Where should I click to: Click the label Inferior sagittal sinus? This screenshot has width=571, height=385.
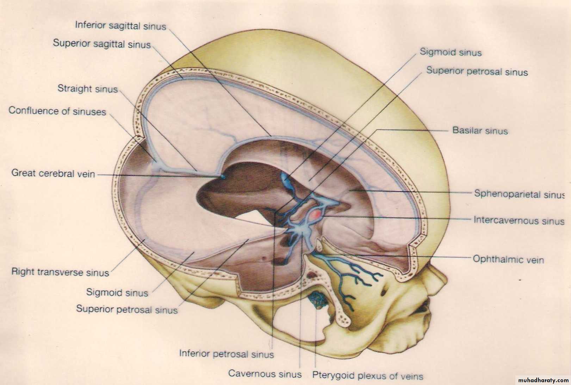point(120,26)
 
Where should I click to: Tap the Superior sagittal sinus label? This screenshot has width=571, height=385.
point(102,44)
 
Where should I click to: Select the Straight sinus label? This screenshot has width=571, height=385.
point(87,89)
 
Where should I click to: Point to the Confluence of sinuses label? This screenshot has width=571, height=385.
point(57,111)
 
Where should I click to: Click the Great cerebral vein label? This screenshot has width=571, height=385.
point(53,173)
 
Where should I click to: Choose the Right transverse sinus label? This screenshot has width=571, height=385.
point(60,272)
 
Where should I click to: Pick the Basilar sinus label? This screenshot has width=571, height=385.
point(480,131)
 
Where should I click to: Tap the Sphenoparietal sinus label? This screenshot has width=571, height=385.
point(519,194)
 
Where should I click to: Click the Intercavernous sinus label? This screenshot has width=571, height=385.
point(519,220)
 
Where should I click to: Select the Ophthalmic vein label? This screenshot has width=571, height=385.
point(508,259)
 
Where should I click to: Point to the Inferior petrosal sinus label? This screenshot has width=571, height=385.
point(226,354)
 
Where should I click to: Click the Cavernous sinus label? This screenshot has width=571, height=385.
point(265,374)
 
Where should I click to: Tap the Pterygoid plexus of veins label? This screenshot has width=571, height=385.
point(368,375)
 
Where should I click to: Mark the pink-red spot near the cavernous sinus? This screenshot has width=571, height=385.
point(316,214)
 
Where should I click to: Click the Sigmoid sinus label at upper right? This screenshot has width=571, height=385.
point(451,52)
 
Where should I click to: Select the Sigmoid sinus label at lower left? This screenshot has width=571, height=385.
point(117,292)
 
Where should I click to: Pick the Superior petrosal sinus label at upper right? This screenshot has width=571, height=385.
point(477,71)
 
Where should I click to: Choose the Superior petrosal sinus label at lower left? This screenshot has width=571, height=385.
point(127,309)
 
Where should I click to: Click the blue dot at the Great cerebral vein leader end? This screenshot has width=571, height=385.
point(223,176)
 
